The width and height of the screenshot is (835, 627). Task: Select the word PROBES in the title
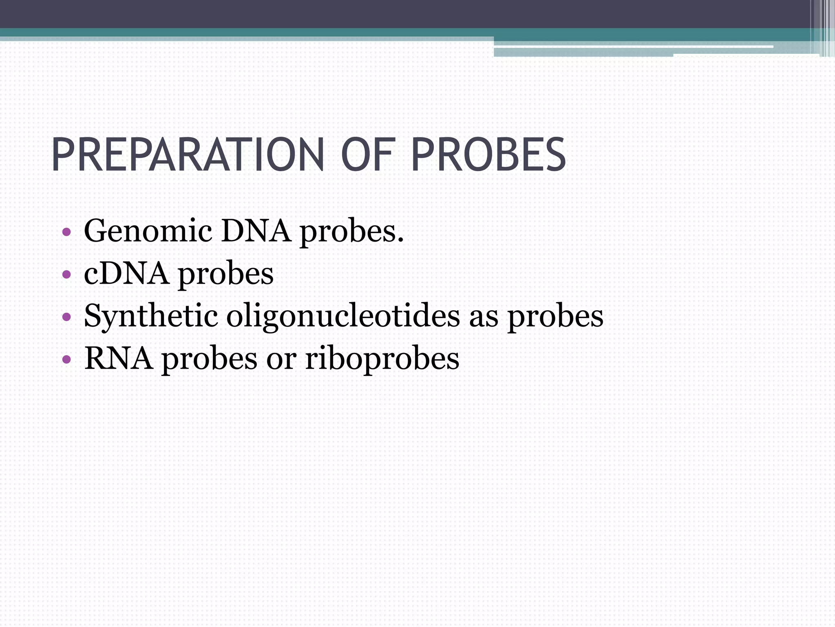[488, 155]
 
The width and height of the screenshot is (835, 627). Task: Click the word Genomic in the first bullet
[148, 232]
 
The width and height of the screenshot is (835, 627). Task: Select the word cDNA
[126, 273]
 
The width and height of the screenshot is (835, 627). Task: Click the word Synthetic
[150, 316]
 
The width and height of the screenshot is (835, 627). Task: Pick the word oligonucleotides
[343, 316]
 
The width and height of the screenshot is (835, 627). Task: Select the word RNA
[119, 358]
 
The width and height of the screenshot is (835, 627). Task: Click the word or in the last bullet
[281, 359]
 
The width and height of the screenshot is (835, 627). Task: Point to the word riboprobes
[382, 359]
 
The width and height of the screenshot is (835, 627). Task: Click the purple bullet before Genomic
[67, 233]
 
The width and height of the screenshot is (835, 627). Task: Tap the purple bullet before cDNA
[67, 274]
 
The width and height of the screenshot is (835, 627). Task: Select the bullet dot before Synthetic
[67, 317]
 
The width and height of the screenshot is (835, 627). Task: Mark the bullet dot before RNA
[67, 359]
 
